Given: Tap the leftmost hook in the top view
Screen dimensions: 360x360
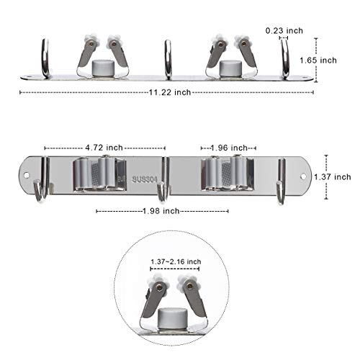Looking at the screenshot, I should tap(45, 58).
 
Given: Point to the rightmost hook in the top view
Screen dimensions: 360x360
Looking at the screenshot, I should tap(285, 58).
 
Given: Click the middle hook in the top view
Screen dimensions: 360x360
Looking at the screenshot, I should tap(168, 58).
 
